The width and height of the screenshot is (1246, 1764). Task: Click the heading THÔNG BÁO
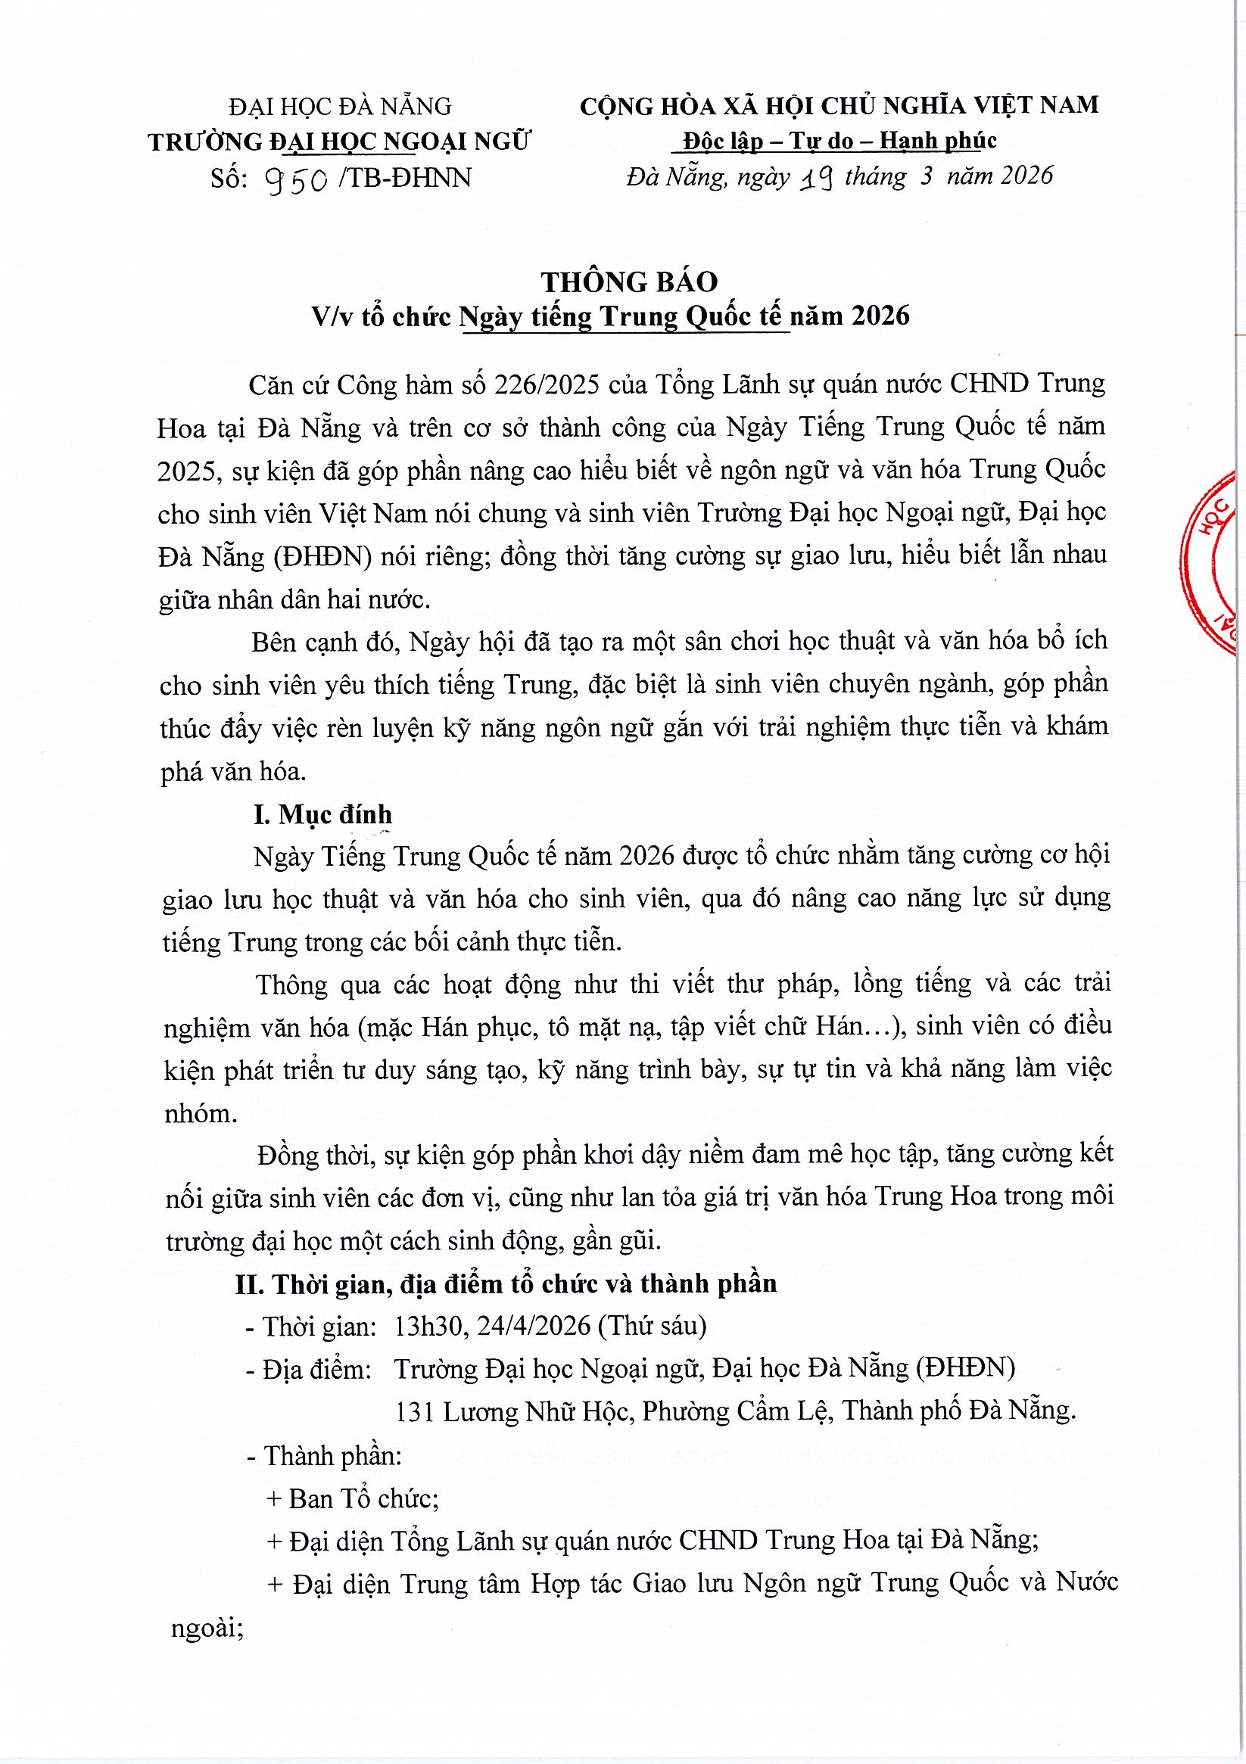click(x=629, y=282)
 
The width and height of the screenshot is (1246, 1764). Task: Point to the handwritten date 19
click(x=818, y=179)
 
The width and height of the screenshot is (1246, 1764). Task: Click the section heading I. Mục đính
click(x=322, y=814)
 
